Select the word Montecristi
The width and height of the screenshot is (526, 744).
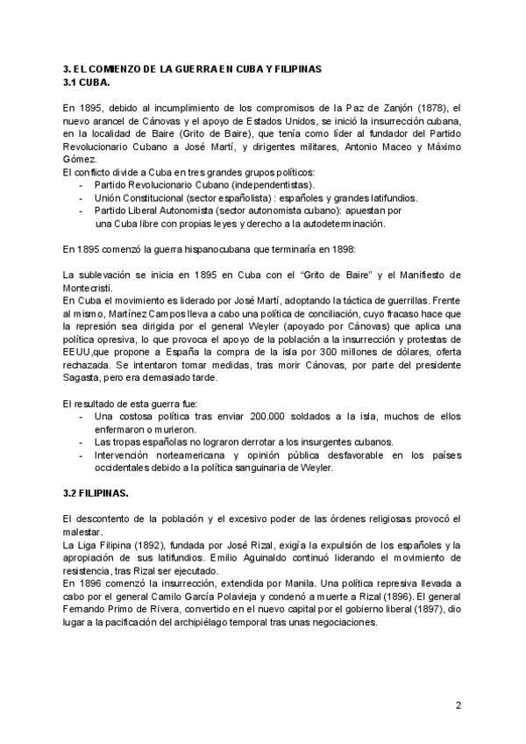click(93, 290)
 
